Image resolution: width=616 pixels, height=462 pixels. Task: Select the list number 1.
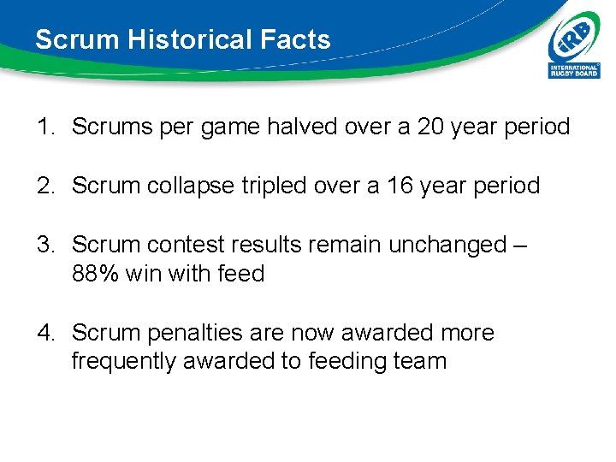45,127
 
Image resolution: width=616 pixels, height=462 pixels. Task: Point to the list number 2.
45,186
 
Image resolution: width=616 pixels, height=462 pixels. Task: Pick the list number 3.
45,245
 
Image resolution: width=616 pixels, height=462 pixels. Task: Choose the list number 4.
45,333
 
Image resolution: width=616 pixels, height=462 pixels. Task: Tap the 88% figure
96,274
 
